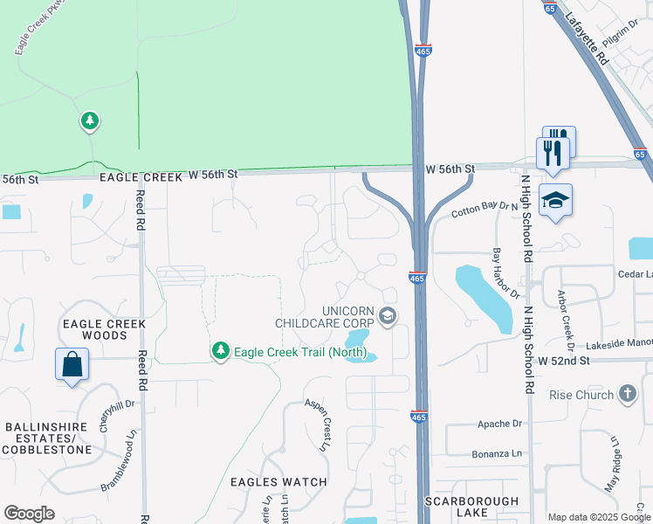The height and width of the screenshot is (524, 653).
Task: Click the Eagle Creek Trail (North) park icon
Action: pos(221,351)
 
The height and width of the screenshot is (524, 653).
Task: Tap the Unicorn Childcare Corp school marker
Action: pos(388,315)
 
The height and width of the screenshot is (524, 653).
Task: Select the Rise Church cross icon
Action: pos(627,394)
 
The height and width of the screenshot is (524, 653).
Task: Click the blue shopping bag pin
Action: pos(72,364)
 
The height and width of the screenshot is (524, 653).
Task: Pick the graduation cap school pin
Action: pos(555,202)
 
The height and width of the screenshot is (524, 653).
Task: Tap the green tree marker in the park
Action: pos(90,121)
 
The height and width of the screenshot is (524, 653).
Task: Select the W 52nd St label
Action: pos(565,360)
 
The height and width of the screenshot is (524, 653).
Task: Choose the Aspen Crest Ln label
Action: pos(319,424)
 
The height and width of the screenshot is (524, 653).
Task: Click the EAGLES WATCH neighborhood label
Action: pos(278,481)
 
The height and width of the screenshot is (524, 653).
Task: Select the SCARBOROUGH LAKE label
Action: pos(471,507)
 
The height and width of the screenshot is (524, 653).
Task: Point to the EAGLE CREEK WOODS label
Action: pos(104,329)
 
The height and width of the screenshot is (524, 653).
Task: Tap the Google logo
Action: pos(29,514)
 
